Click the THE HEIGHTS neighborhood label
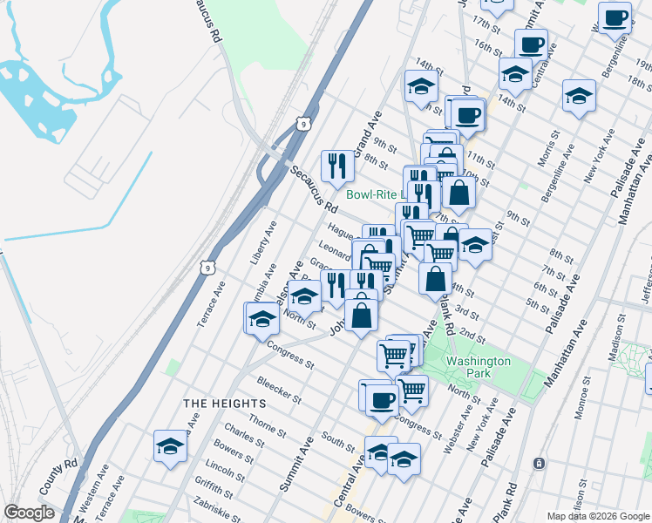point(225,404)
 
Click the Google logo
point(29,513)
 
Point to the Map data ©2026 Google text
point(597,515)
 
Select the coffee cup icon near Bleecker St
point(381,400)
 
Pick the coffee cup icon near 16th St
point(531,44)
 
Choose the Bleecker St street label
point(279,391)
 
